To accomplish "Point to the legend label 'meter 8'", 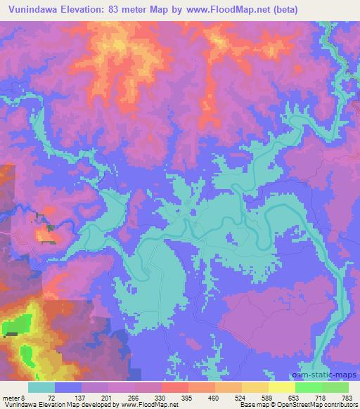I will [13, 398].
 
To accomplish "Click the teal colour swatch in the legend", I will [41, 387].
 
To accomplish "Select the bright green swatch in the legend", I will [308, 387].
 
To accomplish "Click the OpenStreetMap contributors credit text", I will [319, 405].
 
